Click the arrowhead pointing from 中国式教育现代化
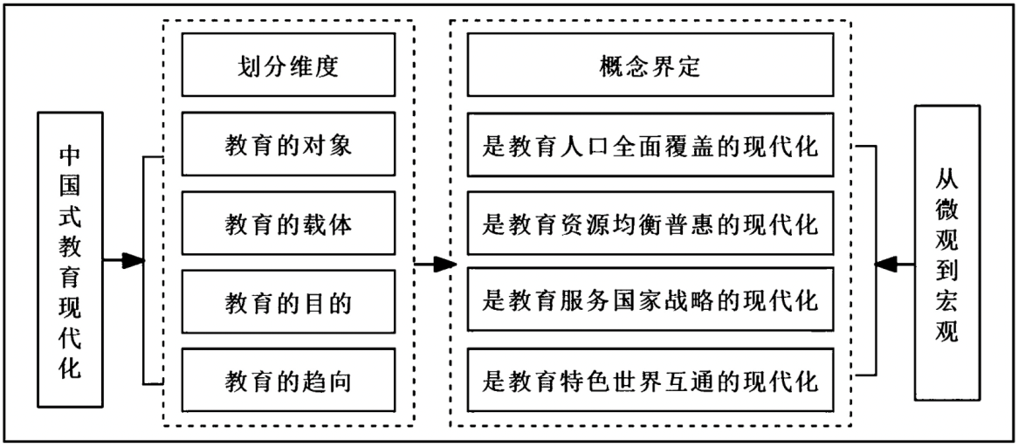click(x=132, y=260)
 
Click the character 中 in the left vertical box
click(x=70, y=155)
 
